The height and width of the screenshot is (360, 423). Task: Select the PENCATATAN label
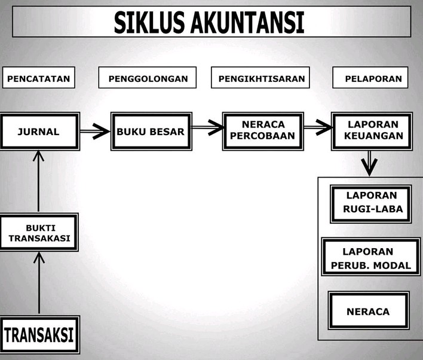click(39, 78)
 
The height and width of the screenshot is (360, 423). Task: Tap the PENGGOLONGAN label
click(148, 78)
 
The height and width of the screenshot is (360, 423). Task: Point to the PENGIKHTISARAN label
click(262, 78)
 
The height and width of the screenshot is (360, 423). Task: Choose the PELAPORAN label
click(373, 78)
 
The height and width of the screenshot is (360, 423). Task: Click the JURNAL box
click(39, 132)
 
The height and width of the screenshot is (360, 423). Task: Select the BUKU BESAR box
click(151, 132)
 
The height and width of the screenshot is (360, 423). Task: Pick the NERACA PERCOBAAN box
click(262, 130)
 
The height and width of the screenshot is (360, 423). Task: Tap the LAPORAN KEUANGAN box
click(374, 130)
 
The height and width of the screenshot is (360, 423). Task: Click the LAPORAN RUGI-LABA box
click(370, 203)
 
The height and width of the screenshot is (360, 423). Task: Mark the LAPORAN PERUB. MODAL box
click(369, 257)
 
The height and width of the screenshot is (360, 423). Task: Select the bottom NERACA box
click(368, 312)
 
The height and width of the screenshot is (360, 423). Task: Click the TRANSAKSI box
click(39, 334)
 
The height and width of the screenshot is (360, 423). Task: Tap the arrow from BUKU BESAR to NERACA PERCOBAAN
click(207, 127)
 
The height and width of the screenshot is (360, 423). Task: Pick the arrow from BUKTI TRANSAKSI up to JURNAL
click(39, 182)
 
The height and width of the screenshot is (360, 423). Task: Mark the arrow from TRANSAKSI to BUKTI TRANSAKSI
click(39, 282)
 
